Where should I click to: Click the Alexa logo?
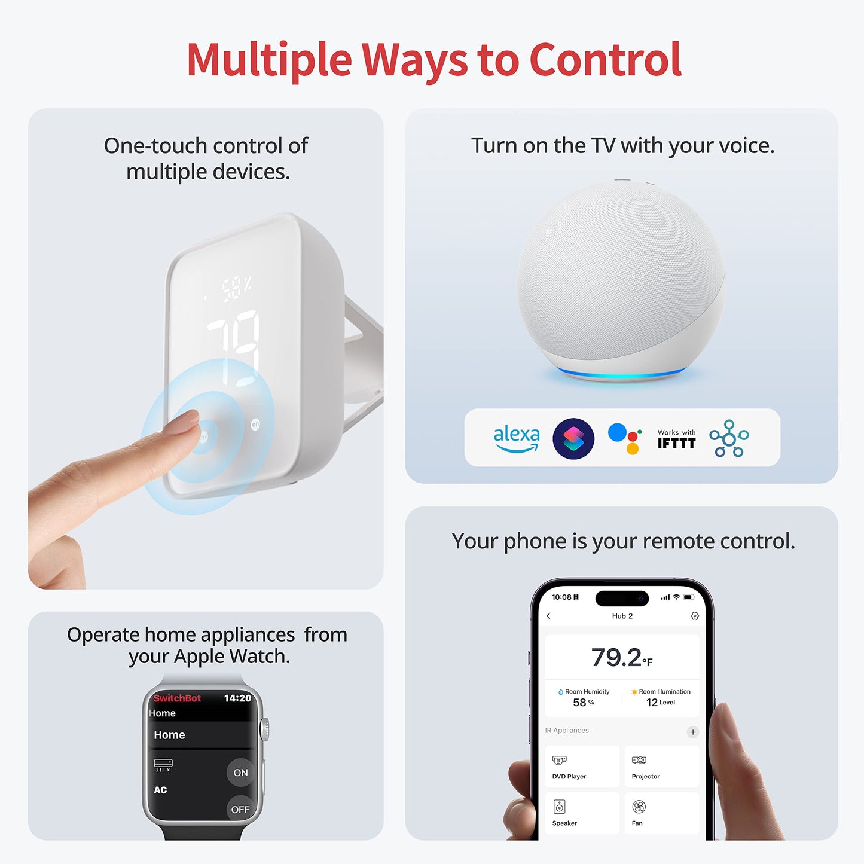click(516, 438)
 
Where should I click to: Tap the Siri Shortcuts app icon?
click(573, 438)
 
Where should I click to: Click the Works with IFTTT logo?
click(676, 439)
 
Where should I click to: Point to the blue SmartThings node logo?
click(729, 438)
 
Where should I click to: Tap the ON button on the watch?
click(240, 773)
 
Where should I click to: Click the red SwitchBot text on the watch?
click(177, 698)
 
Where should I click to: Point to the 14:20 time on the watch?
click(237, 698)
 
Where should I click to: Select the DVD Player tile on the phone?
click(582, 766)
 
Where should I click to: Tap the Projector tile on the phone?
click(661, 766)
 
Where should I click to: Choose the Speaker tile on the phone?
click(582, 813)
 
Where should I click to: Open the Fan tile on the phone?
click(661, 813)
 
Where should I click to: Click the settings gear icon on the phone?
click(694, 616)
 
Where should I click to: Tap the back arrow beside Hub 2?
click(549, 616)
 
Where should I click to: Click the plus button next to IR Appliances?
click(692, 732)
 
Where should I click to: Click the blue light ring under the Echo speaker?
click(622, 375)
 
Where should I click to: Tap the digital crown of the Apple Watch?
click(265, 730)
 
